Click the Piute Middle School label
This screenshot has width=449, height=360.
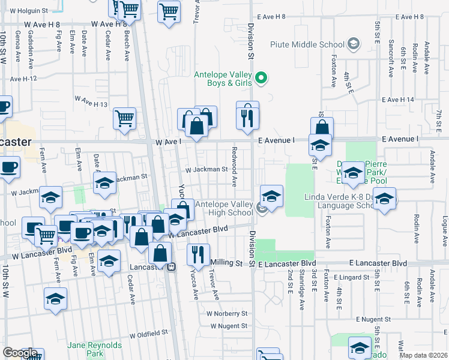pyautogui.click(x=307, y=44)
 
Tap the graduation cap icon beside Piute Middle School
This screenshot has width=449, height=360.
pyautogui.click(x=354, y=44)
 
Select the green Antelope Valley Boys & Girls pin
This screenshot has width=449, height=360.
pyautogui.click(x=261, y=77)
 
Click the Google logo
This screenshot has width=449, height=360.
pyautogui.click(x=20, y=353)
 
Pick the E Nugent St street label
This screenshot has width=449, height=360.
pyautogui.click(x=373, y=319)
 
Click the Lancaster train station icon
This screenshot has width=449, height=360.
pyautogui.click(x=171, y=267)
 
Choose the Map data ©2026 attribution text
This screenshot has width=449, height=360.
pyautogui.click(x=424, y=355)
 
